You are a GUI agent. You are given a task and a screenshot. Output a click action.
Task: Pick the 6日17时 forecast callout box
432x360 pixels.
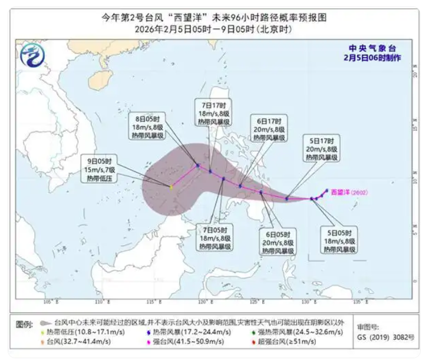point(269,128)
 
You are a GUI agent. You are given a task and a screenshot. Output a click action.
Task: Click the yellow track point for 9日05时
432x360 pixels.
point(172,187)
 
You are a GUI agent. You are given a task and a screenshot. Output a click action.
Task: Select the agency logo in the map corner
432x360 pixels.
point(31,57)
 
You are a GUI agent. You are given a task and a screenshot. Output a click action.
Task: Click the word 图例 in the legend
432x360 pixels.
point(24,325)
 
